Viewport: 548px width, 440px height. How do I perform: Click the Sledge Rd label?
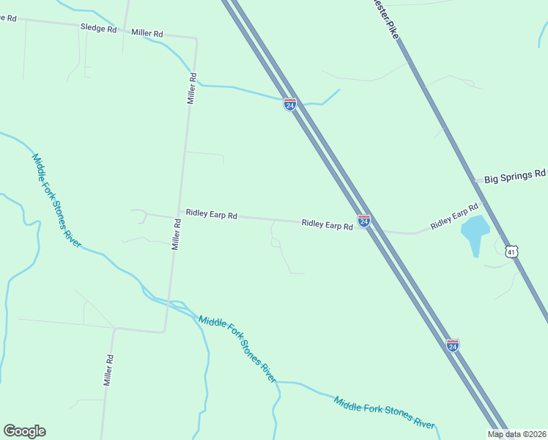98,29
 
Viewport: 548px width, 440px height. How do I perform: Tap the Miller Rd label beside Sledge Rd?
147,33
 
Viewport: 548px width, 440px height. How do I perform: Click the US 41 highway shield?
512,251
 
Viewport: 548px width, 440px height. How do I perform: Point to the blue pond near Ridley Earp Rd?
474,231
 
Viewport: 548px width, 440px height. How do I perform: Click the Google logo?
24,430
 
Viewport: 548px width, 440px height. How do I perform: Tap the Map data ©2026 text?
517,434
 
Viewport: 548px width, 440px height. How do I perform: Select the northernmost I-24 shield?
290,104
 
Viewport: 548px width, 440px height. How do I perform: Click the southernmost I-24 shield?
453,345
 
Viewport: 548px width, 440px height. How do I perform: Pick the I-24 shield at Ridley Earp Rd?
363,220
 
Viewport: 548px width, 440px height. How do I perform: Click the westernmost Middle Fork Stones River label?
56,199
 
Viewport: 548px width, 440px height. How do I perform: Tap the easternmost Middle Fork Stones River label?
384,413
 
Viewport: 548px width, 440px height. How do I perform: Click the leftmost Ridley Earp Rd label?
212,215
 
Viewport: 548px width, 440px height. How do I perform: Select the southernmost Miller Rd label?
108,370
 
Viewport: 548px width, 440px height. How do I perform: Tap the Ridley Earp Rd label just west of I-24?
327,224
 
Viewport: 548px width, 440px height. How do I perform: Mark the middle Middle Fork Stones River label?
237,349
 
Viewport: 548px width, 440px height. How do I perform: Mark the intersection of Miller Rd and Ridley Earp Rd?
178,217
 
